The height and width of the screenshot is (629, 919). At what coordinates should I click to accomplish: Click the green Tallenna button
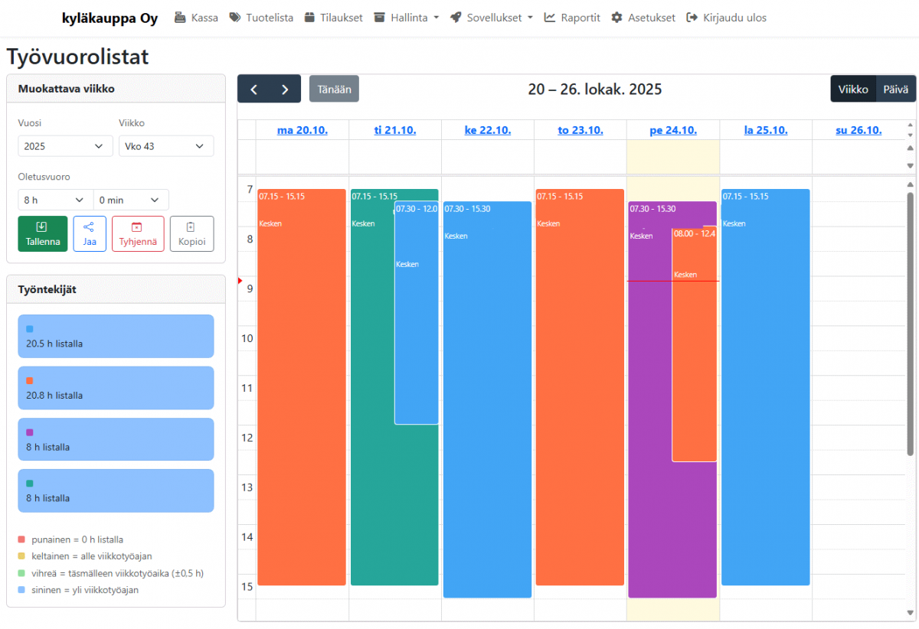coord(42,233)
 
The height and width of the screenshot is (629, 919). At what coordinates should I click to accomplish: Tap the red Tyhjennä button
coord(138,233)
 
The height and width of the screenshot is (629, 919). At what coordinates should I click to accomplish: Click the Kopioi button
coord(191,233)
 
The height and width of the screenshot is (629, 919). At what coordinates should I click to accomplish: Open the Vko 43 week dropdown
coord(165,146)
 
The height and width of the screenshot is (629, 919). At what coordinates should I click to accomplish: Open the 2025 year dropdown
coord(64,146)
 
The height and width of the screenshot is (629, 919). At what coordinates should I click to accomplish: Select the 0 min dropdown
coord(131,200)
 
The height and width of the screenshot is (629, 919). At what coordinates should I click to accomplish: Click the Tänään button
coord(334,89)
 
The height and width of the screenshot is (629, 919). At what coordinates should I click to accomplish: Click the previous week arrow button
coord(253,89)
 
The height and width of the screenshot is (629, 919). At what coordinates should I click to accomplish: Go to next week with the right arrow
coord(285,89)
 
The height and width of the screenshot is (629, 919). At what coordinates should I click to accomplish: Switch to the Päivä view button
coord(895,89)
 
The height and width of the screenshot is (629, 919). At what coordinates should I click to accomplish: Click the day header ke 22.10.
coord(487,130)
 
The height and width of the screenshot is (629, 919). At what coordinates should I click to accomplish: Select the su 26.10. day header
coord(858,130)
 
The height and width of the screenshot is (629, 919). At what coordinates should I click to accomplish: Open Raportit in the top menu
coord(572,18)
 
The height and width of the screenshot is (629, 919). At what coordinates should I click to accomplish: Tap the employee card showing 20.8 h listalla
coord(116,388)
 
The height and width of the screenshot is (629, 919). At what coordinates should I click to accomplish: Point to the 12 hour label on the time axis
coord(247,438)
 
